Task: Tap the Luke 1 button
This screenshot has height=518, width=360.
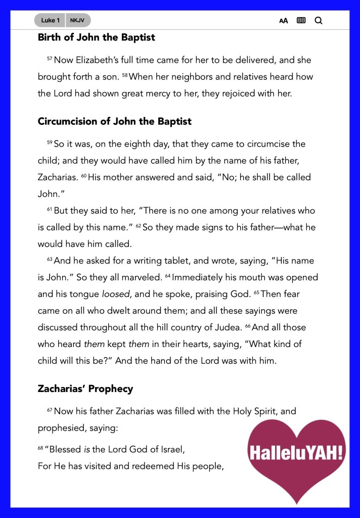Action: [51, 20]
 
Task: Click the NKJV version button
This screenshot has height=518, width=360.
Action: [77, 20]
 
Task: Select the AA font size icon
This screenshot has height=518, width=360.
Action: [284, 21]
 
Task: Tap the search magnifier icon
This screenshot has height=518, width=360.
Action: [318, 21]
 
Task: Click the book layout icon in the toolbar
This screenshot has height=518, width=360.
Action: [301, 21]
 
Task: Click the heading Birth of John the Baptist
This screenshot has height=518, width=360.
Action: [96, 37]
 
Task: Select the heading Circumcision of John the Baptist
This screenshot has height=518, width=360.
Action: [114, 121]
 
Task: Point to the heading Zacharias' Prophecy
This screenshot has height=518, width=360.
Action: [85, 389]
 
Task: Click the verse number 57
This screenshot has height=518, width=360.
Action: [50, 59]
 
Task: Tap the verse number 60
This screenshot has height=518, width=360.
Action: [84, 177]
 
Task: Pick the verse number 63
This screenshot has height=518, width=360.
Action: [50, 260]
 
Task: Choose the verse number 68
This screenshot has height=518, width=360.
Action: [40, 448]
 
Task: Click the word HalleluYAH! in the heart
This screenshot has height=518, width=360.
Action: [296, 452]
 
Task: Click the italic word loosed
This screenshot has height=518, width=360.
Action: [116, 294]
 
